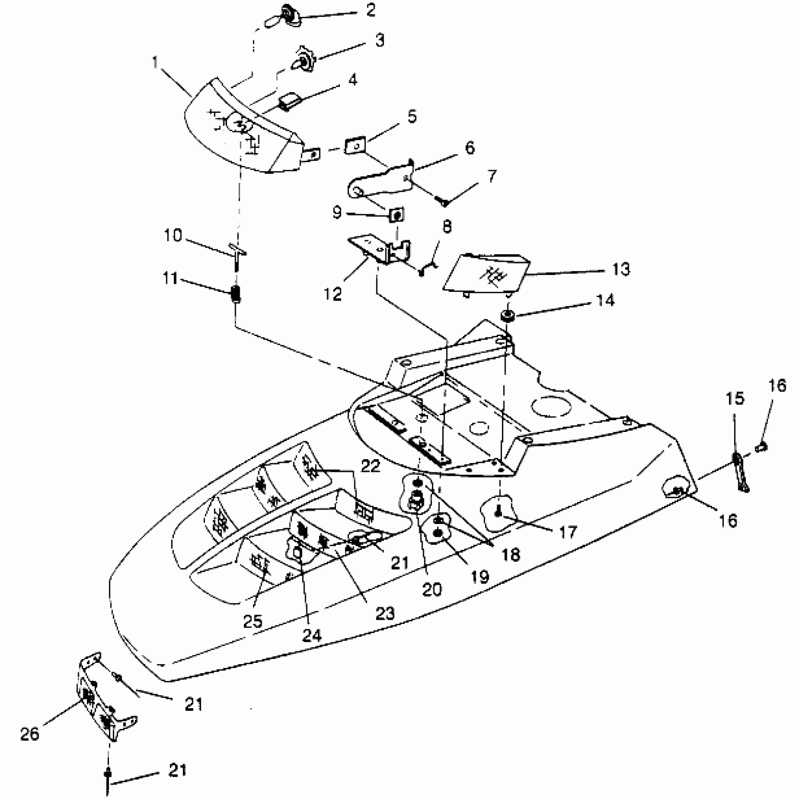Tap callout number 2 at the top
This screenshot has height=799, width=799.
pos(371,10)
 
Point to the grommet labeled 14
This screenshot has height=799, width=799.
pos(508,316)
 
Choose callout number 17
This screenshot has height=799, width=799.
pos(567,533)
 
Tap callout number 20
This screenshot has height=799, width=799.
pos(432,588)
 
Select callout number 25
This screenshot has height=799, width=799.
pos(253,621)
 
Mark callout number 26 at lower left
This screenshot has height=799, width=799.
pos(30,735)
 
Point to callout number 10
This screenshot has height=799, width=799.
pos(173,235)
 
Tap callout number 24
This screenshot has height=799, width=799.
pos(312,635)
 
